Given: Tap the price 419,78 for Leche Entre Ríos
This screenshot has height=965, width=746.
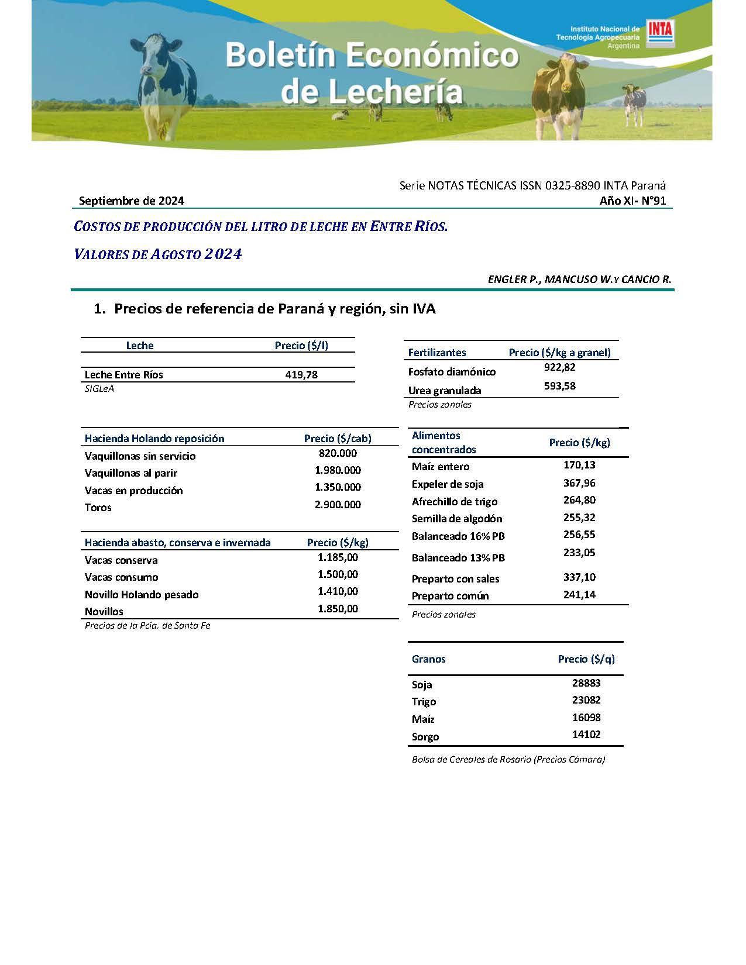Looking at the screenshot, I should point(301,375).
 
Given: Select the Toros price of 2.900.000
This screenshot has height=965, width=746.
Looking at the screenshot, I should point(338,504).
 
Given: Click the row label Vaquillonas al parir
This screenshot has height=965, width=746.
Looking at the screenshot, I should point(130,473).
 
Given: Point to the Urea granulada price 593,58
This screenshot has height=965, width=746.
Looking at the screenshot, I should point(559,386).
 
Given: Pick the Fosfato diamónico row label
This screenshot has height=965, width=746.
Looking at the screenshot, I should point(452,372).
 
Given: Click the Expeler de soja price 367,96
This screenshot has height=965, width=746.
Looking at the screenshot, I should point(579,483).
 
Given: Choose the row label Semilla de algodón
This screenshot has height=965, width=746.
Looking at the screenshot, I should point(456,519).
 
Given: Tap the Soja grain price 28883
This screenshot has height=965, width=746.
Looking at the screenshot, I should point(586,683).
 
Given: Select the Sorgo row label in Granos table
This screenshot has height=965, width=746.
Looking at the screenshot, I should point(425,737).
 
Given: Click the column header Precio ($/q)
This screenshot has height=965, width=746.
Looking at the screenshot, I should point(586,659).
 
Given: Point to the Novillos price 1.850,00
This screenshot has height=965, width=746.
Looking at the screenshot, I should point(338,609).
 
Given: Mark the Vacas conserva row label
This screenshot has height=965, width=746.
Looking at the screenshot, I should point(121,560).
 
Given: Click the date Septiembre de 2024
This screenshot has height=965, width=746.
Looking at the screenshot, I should point(132,201).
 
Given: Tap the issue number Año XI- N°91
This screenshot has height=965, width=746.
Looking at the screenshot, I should point(632,201).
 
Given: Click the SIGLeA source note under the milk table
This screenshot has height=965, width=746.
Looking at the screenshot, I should point(99,389).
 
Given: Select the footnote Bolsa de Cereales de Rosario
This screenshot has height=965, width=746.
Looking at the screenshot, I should point(508,760).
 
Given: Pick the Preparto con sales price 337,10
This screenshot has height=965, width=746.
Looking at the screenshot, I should point(579,577).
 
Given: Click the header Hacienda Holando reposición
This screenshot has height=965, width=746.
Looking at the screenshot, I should point(154,439).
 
